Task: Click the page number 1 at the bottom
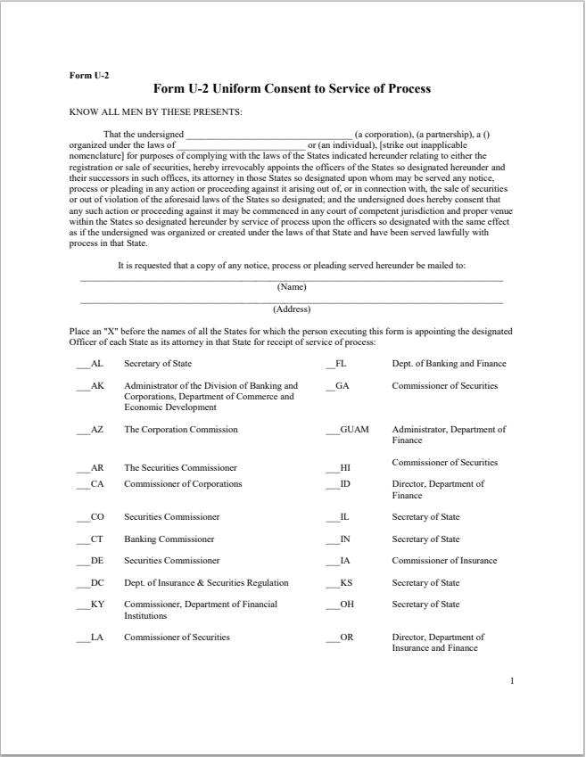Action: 512,681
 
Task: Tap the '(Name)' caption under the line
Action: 292,286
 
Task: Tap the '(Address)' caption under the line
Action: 292,309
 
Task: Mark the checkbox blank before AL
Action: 83,364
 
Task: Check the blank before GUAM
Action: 332,430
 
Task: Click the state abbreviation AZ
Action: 97,429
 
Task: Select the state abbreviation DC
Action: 97,582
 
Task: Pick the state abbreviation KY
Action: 97,604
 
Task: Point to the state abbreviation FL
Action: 340,363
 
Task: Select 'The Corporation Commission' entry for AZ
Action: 181,429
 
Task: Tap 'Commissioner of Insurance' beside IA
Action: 444,560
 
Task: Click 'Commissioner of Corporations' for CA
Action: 183,483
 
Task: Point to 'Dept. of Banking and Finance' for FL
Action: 449,363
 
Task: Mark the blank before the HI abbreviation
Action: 332,467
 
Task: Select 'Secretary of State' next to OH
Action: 425,604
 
